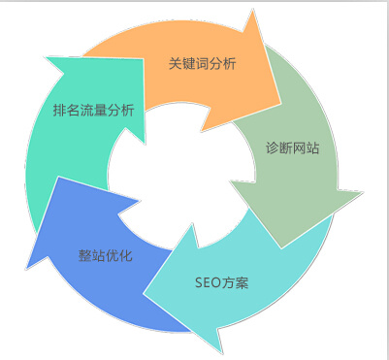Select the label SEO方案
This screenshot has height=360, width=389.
[221, 283]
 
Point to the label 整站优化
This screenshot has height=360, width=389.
[105, 256]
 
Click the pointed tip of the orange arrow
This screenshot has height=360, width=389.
[279, 103]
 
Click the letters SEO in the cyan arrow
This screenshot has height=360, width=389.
[209, 283]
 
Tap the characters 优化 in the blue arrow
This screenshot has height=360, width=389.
[118, 256]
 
